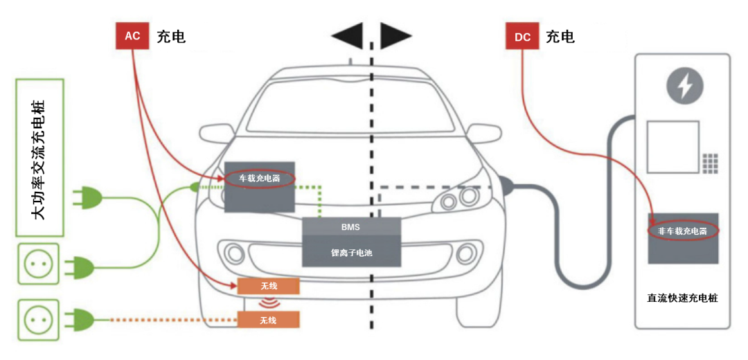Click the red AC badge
point(132,36)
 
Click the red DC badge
point(522,37)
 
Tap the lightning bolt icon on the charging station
point(684,86)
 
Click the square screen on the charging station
point(672,147)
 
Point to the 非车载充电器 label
point(682,231)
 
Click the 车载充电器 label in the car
point(260,178)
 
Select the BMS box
point(350,226)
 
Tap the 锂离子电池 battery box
point(351,253)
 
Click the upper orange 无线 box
point(268,286)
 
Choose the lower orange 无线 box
point(268,320)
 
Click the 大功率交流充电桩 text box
point(39,159)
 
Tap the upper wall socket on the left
point(38,264)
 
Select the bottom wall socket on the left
point(38,320)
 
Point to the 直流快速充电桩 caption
point(682,298)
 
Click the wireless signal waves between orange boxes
point(268,303)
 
